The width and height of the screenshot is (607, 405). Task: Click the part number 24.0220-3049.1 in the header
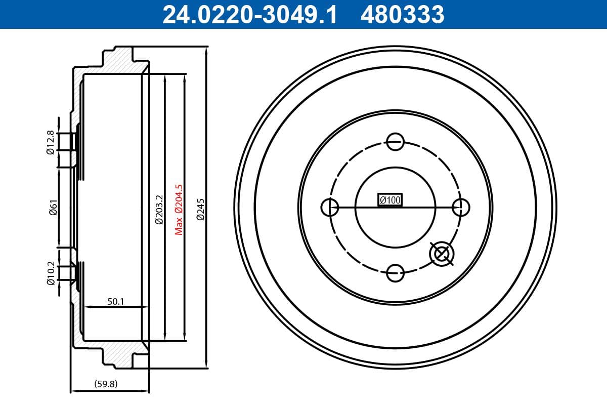(249, 14)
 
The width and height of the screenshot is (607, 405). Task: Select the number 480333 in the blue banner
(402, 14)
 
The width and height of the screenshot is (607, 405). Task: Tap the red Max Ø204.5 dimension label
(179, 209)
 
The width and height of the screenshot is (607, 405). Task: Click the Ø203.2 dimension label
(158, 209)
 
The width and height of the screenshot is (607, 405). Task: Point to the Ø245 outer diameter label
(200, 209)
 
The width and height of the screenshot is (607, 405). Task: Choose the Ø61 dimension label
(53, 208)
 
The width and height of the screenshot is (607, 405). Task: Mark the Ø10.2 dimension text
(50, 273)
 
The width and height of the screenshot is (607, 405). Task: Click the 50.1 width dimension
(116, 301)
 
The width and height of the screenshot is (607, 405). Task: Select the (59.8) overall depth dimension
(106, 384)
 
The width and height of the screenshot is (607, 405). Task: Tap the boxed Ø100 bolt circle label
(390, 200)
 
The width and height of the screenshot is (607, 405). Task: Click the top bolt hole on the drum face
(395, 141)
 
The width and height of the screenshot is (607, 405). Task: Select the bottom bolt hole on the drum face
(395, 273)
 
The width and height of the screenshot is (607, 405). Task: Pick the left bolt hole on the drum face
(330, 207)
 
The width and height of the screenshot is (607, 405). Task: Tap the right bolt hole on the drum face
(461, 207)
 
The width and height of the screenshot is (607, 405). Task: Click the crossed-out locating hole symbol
(442, 254)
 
